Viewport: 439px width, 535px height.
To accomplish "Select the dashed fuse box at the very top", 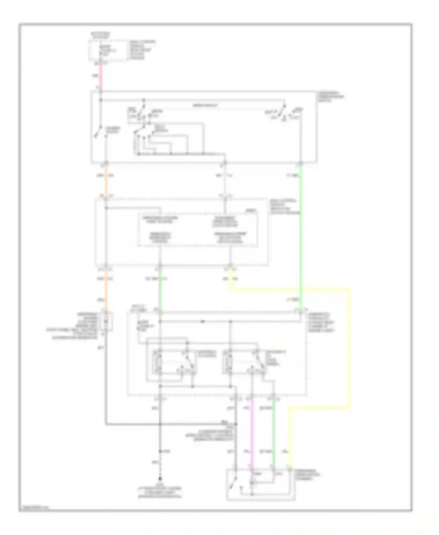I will pyautogui.click(x=108, y=51).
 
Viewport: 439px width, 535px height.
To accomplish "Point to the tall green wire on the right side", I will pyautogui.click(x=301, y=234).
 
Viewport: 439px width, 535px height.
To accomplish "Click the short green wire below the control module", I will pyautogui.click(x=160, y=288).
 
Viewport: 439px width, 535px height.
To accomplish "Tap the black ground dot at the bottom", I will pyautogui.click(x=160, y=479).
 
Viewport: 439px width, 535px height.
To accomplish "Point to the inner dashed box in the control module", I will pyautogui.click(x=198, y=230).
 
